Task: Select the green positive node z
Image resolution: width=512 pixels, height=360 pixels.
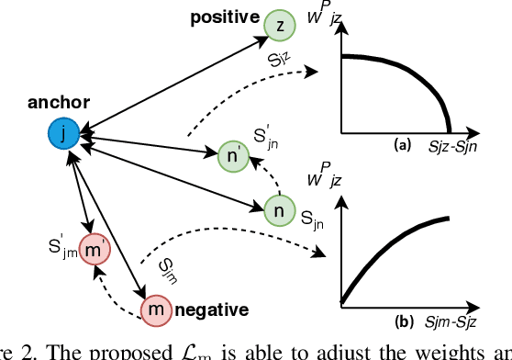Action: click(279, 27)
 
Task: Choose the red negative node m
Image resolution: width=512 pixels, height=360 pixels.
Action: click(157, 310)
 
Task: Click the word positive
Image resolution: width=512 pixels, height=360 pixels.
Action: click(224, 17)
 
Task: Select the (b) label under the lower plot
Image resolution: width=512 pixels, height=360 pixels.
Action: click(401, 322)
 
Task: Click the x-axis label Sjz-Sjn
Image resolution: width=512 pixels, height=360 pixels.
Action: click(463, 145)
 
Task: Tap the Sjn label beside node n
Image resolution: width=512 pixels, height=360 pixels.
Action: click(314, 220)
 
